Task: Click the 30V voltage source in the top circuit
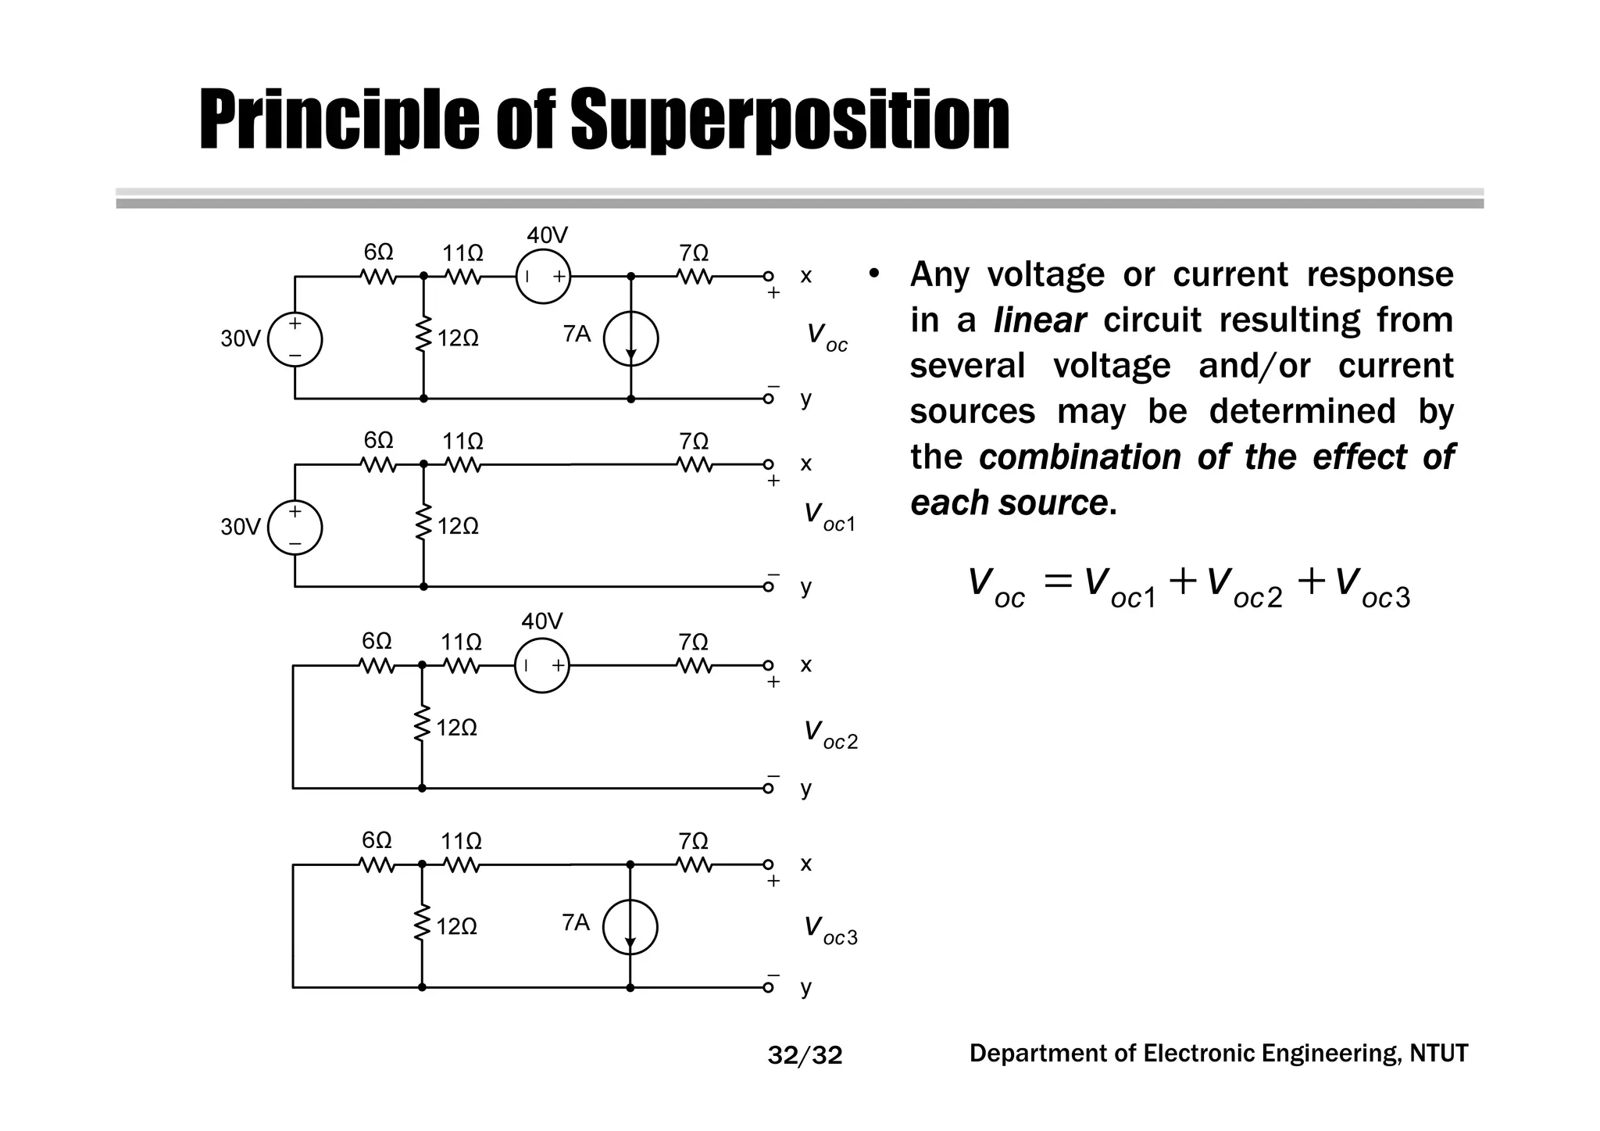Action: [x=295, y=339]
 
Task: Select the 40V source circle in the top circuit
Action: [x=543, y=276]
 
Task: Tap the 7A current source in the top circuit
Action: [x=631, y=338]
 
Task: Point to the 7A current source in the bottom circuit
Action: [x=630, y=927]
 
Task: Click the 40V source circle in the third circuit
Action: [x=541, y=665]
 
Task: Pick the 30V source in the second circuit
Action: [x=295, y=528]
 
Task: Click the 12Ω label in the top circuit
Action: [x=458, y=338]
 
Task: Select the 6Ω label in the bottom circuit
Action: [x=377, y=840]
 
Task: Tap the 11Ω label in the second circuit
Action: [x=462, y=442]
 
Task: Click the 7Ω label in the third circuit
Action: [x=693, y=642]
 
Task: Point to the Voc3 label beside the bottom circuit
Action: [x=830, y=930]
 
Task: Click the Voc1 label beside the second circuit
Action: [x=830, y=517]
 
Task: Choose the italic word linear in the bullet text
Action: [x=1039, y=320]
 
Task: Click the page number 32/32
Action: [x=805, y=1056]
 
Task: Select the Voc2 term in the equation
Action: [x=1244, y=588]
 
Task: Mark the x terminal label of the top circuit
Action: [x=805, y=276]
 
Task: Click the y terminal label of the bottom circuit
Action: [x=805, y=987]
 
